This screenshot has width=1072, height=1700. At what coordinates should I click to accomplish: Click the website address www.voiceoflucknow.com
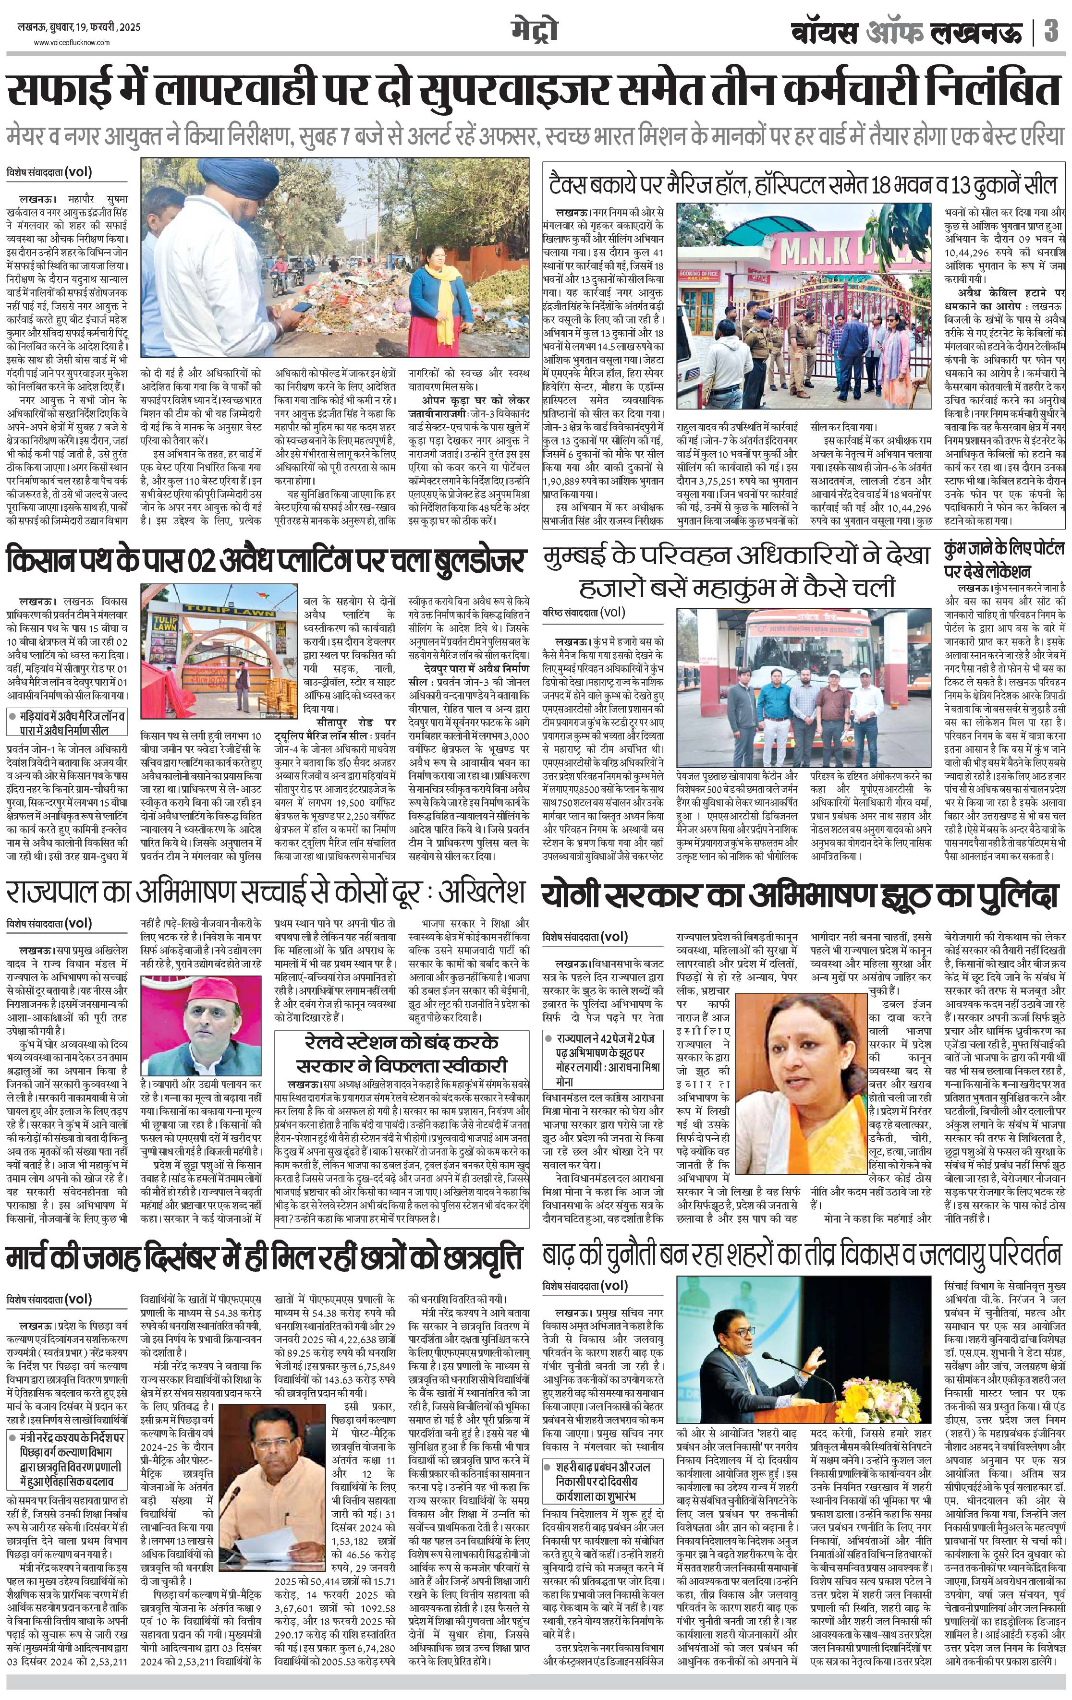click(72, 43)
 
